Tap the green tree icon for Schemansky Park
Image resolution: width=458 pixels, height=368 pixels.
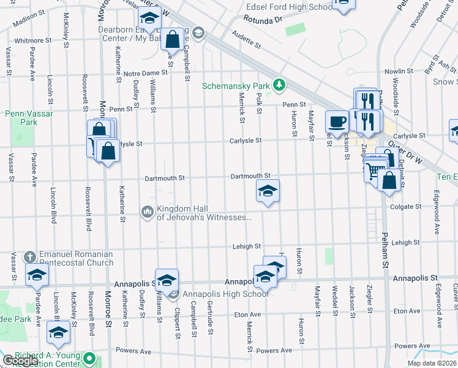279,83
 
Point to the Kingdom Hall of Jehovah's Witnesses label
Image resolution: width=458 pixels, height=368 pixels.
204,213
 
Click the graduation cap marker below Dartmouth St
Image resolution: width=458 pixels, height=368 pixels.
268,191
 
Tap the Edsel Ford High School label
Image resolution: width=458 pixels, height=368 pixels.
288,7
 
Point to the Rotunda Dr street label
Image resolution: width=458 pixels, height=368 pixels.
261,20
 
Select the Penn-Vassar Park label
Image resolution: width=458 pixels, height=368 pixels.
21,118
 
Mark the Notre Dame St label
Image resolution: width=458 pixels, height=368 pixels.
141,74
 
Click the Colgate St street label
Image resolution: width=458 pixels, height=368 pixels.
405,207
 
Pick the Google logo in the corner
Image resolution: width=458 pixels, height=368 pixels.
20,361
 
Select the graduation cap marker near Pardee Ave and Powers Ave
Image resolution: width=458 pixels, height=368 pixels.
59,332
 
